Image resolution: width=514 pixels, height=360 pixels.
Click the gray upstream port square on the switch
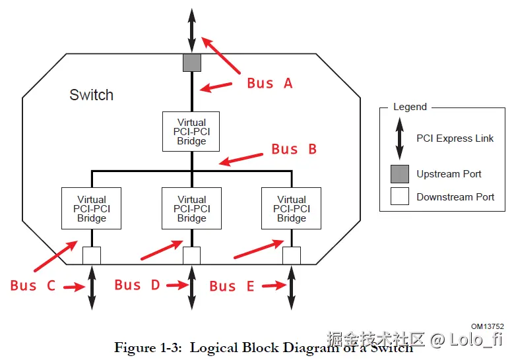pyautogui.click(x=191, y=63)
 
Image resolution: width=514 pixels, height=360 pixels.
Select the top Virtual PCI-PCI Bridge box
pyautogui.click(x=191, y=132)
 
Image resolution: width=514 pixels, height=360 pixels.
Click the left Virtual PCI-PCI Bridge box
pyautogui.click(x=91, y=208)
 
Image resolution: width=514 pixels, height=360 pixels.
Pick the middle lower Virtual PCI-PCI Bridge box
pyautogui.click(x=191, y=208)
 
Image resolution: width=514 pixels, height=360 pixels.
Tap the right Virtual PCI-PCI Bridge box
pyautogui.click(x=291, y=208)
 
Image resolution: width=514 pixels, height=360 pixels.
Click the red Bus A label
pyautogui.click(x=269, y=83)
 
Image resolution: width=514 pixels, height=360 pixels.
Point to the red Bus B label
pyautogui.click(x=294, y=149)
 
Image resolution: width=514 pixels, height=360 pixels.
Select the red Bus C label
pyautogui.click(x=32, y=285)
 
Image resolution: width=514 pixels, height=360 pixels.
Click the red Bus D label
pyautogui.click(x=137, y=285)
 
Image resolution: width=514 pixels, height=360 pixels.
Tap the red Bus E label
pyautogui.click(x=232, y=286)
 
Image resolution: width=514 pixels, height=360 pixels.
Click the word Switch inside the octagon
pyautogui.click(x=91, y=95)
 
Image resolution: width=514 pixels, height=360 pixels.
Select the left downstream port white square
pyautogui.click(x=91, y=255)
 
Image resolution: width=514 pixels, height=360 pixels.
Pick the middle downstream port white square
pyautogui.click(x=191, y=255)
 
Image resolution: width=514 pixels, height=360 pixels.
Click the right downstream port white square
pyautogui.click(x=291, y=255)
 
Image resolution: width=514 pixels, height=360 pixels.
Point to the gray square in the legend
pyautogui.click(x=399, y=174)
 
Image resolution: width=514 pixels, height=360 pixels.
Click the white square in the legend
pyautogui.click(x=399, y=196)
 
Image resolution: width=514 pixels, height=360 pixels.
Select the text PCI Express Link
pyautogui.click(x=455, y=138)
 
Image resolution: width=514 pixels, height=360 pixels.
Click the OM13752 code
pyautogui.click(x=488, y=326)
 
